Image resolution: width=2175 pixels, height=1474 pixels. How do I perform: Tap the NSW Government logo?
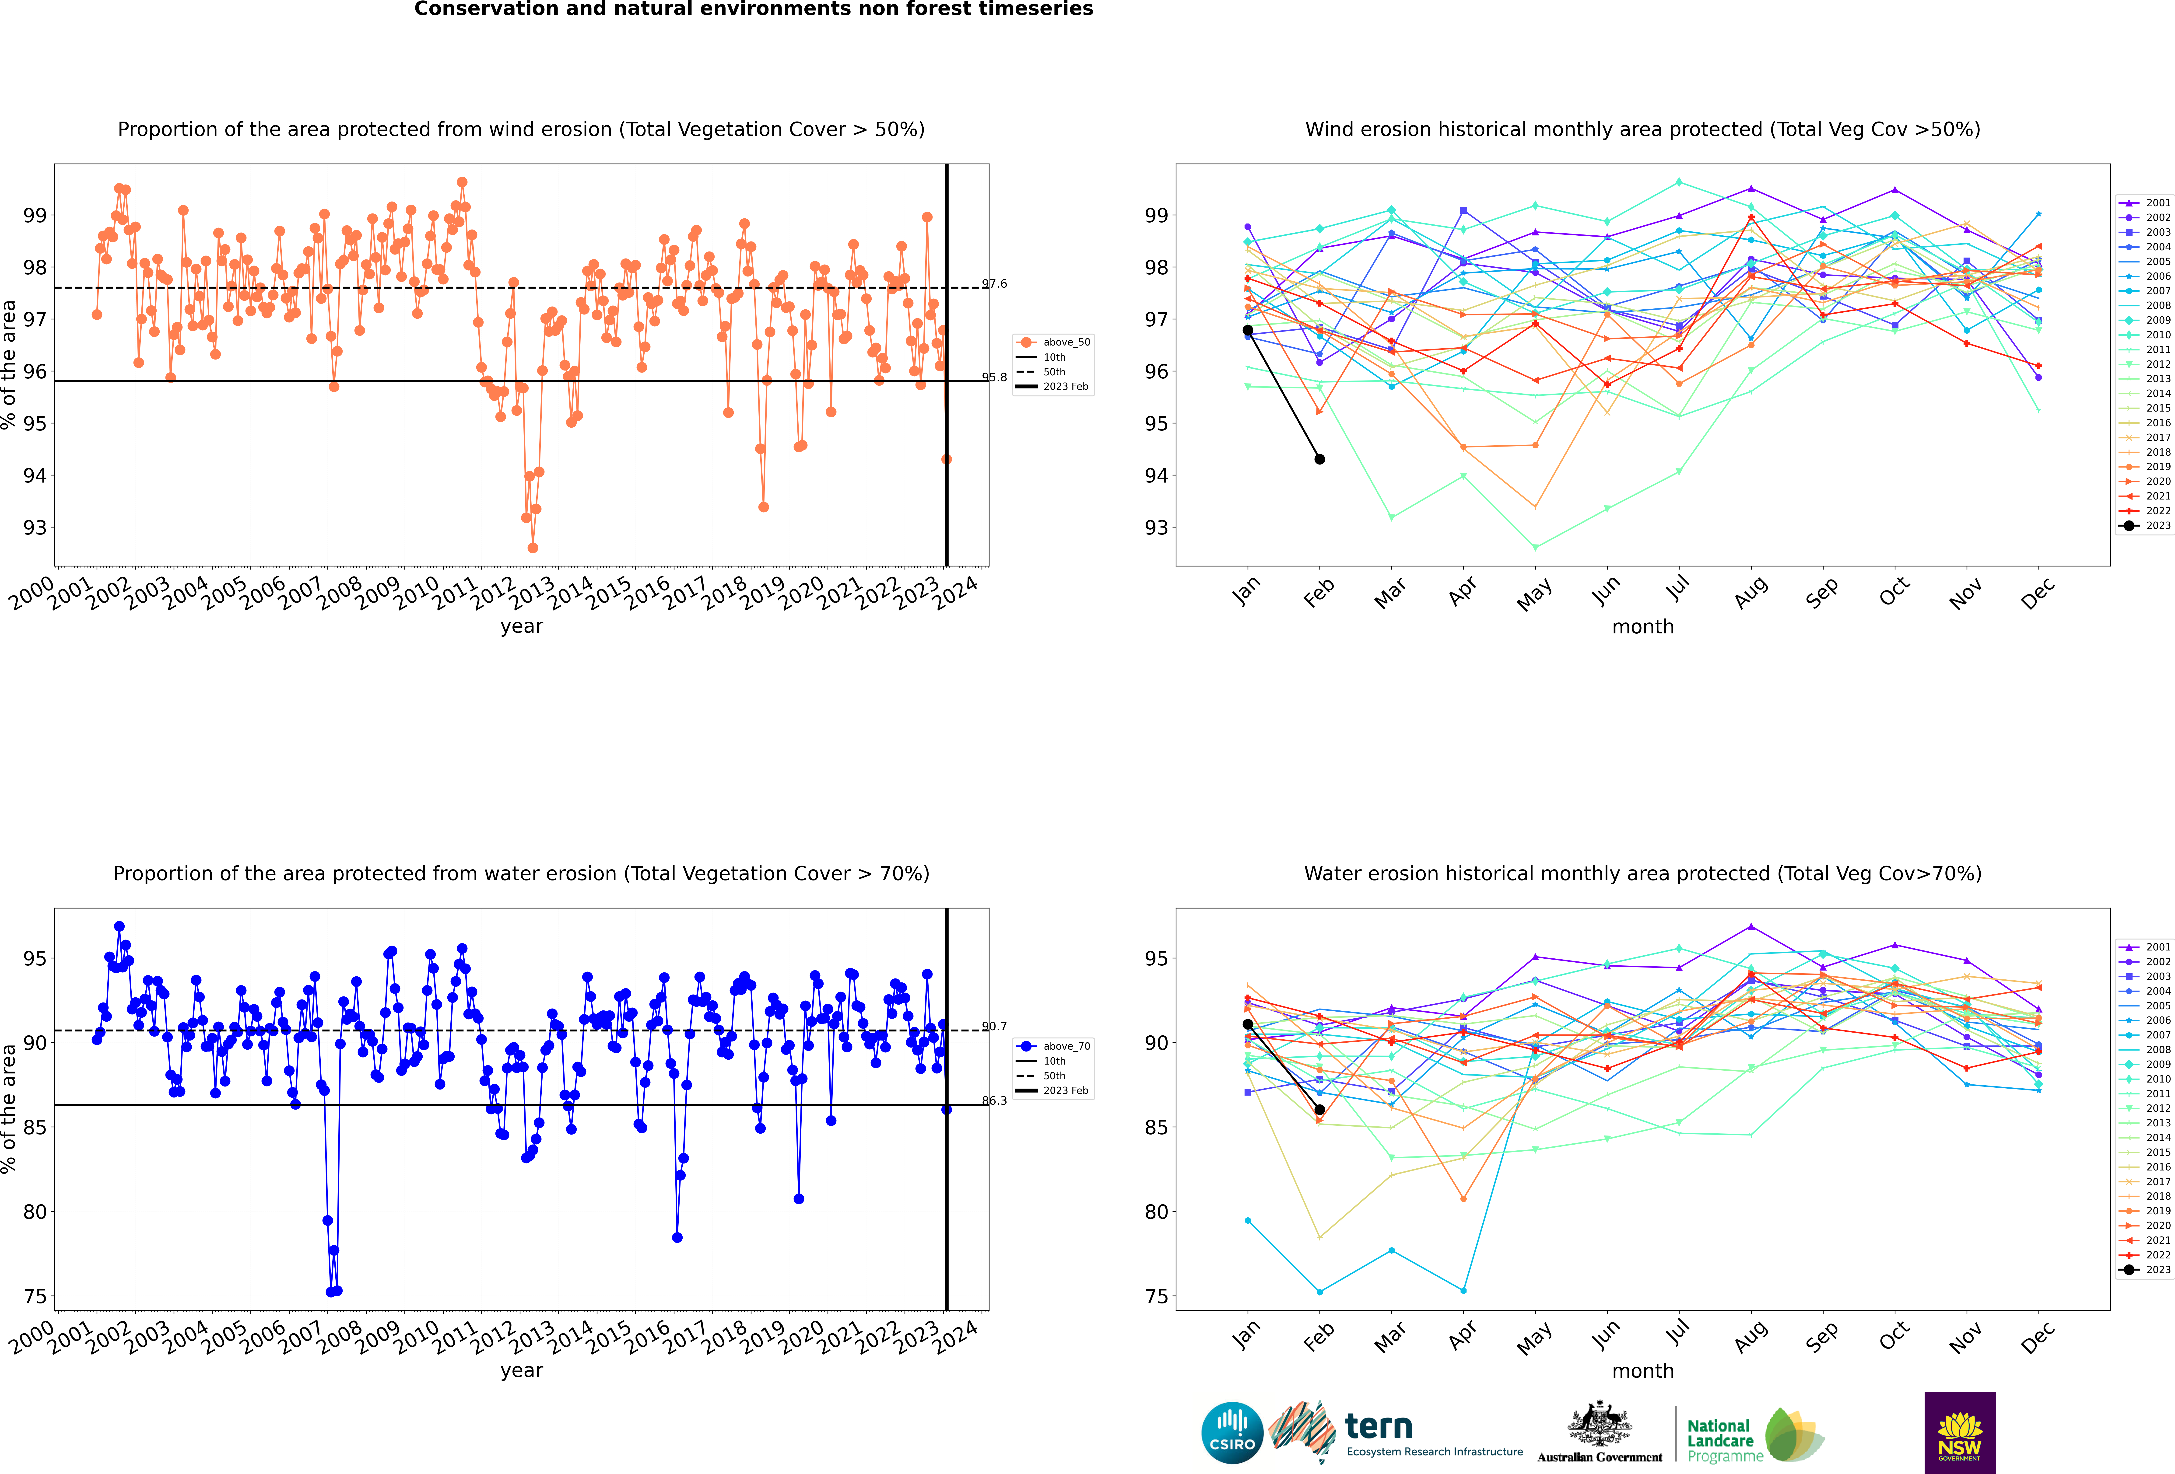[1960, 1432]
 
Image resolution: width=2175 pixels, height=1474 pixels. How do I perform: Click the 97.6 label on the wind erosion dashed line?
[995, 283]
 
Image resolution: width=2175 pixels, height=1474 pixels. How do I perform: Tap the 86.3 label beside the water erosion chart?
[995, 1100]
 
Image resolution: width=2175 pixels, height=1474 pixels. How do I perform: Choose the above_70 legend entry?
[1053, 1046]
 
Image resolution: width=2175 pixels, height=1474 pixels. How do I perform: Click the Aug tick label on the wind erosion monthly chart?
[1751, 592]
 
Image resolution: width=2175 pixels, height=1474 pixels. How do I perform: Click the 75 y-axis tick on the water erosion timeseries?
[35, 1296]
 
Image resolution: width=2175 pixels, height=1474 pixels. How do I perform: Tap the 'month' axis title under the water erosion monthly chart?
[1642, 1371]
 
